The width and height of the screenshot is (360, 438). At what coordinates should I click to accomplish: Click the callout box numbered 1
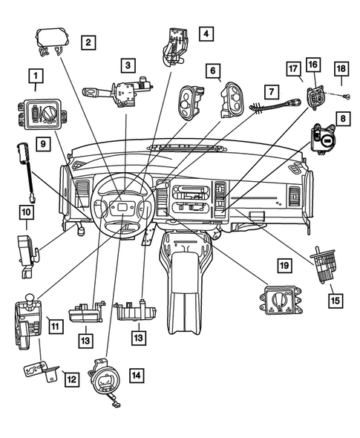pyautogui.click(x=34, y=75)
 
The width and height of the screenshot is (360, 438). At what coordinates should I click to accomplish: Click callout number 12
pyautogui.click(x=71, y=379)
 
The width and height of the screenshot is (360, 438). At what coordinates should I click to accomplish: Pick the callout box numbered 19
pyautogui.click(x=284, y=264)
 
